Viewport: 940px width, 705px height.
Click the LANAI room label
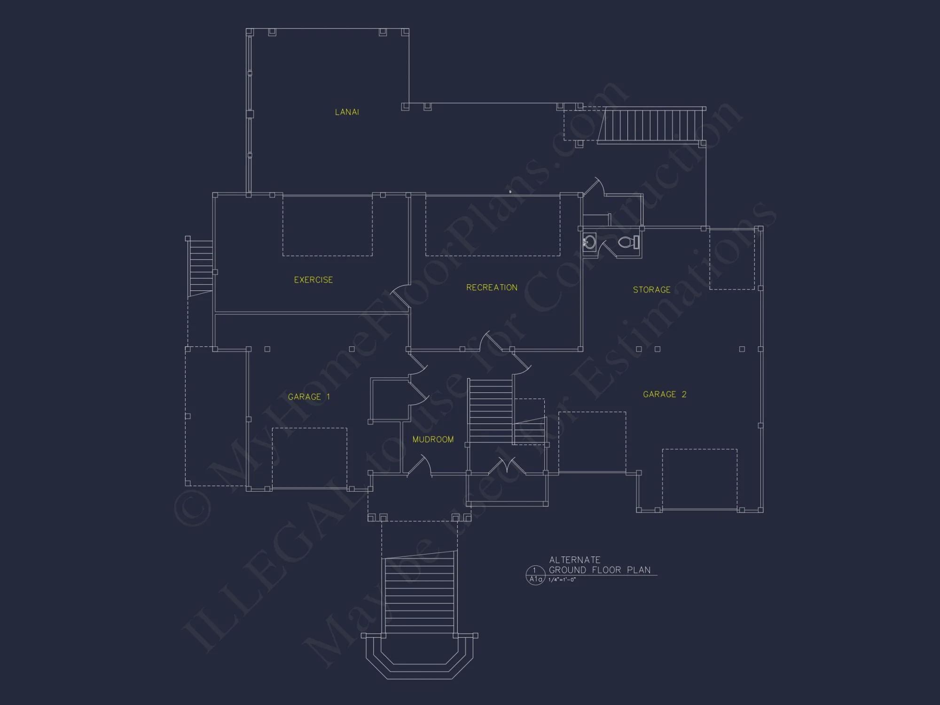[347, 112]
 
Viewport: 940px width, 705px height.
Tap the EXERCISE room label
[313, 280]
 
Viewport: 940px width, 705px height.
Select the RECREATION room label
[492, 287]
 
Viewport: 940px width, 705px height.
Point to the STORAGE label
[651, 290]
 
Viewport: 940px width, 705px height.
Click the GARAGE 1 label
[309, 397]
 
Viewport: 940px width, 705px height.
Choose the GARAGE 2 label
[665, 394]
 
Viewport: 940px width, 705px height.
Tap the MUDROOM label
[433, 439]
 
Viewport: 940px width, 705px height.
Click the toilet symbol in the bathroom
[627, 243]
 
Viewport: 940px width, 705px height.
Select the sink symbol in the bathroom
[589, 243]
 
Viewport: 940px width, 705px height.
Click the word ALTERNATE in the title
[575, 560]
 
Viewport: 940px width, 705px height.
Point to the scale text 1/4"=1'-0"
[562, 580]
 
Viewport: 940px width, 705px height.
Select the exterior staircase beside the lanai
[651, 125]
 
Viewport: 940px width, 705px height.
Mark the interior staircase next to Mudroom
[491, 410]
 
